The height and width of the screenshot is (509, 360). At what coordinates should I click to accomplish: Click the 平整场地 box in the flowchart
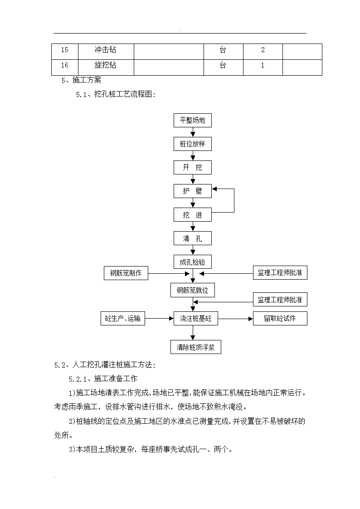click(193, 120)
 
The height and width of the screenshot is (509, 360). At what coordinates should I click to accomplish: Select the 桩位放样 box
click(193, 144)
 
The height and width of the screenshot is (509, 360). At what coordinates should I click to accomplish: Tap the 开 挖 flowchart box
click(193, 168)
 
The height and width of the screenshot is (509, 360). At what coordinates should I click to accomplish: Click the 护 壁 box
click(193, 191)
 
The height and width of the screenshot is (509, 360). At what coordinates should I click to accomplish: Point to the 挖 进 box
click(193, 215)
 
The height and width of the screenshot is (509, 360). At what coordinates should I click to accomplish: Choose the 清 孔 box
click(193, 238)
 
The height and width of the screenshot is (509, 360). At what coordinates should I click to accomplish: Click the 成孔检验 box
click(193, 262)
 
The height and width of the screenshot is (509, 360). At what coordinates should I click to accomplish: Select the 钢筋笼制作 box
click(126, 273)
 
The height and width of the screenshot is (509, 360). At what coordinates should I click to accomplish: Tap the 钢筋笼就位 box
click(193, 290)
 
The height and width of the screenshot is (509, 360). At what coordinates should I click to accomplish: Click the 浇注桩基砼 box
click(196, 319)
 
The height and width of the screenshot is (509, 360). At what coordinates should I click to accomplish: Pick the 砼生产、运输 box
click(123, 319)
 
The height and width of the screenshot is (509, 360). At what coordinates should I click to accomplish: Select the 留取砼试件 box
click(280, 319)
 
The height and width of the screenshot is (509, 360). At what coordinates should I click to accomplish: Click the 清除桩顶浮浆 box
click(196, 347)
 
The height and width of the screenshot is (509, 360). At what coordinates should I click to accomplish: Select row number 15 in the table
click(64, 50)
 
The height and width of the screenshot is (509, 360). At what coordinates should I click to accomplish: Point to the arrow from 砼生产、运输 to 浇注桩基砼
click(160, 319)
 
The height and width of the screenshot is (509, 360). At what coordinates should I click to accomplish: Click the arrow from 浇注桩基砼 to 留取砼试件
click(235, 319)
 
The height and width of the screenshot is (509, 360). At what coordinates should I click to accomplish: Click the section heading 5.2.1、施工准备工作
click(103, 378)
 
